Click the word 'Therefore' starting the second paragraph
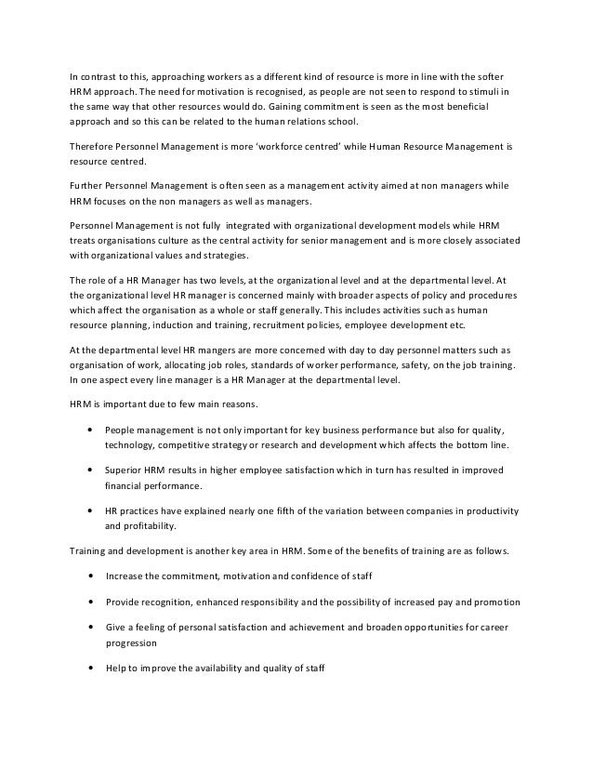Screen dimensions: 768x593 94,146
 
